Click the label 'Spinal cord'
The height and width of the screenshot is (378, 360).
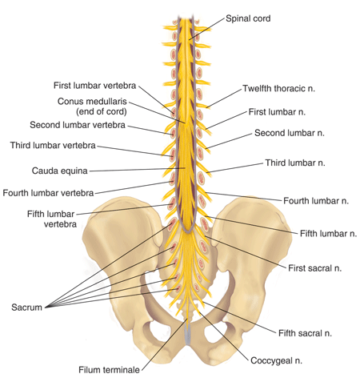(248, 18)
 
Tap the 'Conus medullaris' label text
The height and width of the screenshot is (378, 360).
(92, 102)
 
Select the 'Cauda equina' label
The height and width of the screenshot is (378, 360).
(59, 171)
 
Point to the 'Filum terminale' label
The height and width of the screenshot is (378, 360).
(109, 370)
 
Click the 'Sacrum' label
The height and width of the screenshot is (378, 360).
(26, 308)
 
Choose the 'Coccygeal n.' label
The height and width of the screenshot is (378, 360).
(276, 360)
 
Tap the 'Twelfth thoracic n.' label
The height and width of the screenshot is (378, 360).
(278, 88)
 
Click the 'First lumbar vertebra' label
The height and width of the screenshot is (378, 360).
(94, 86)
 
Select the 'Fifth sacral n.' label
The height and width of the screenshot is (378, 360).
(305, 333)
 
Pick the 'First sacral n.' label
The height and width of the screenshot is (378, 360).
(314, 268)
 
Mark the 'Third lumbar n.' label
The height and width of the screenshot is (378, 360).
(295, 163)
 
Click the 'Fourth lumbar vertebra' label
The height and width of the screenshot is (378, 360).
(48, 193)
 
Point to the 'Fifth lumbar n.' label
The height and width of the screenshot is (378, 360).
(328, 234)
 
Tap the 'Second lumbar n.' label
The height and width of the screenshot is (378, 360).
(290, 133)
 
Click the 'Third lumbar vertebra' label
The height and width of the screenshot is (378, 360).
(53, 145)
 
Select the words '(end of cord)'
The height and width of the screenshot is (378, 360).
(102, 111)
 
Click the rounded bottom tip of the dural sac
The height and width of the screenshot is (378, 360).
(188, 231)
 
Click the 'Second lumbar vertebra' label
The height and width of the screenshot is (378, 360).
(78, 125)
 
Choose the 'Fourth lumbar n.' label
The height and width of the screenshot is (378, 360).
(316, 201)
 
